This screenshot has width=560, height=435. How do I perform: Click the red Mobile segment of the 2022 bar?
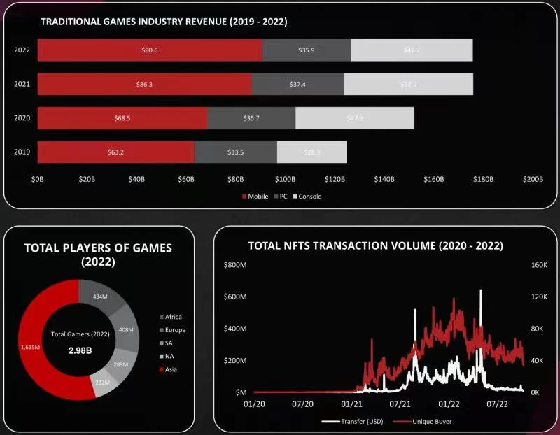[150, 50]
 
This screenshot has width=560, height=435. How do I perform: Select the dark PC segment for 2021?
[297, 84]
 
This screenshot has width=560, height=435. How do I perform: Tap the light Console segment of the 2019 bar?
[312, 152]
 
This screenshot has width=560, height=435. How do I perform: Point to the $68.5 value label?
[122, 118]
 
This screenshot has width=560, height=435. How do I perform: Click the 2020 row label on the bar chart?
[22, 118]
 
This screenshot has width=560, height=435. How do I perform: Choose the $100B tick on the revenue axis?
[285, 180]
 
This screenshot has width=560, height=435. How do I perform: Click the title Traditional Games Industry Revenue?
[164, 22]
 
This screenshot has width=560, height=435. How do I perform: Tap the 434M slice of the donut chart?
[99, 297]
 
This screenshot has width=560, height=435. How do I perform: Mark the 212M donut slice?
[101, 382]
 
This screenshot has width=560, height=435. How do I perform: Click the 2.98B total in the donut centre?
[79, 350]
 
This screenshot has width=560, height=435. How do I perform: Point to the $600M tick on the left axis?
[235, 297]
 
